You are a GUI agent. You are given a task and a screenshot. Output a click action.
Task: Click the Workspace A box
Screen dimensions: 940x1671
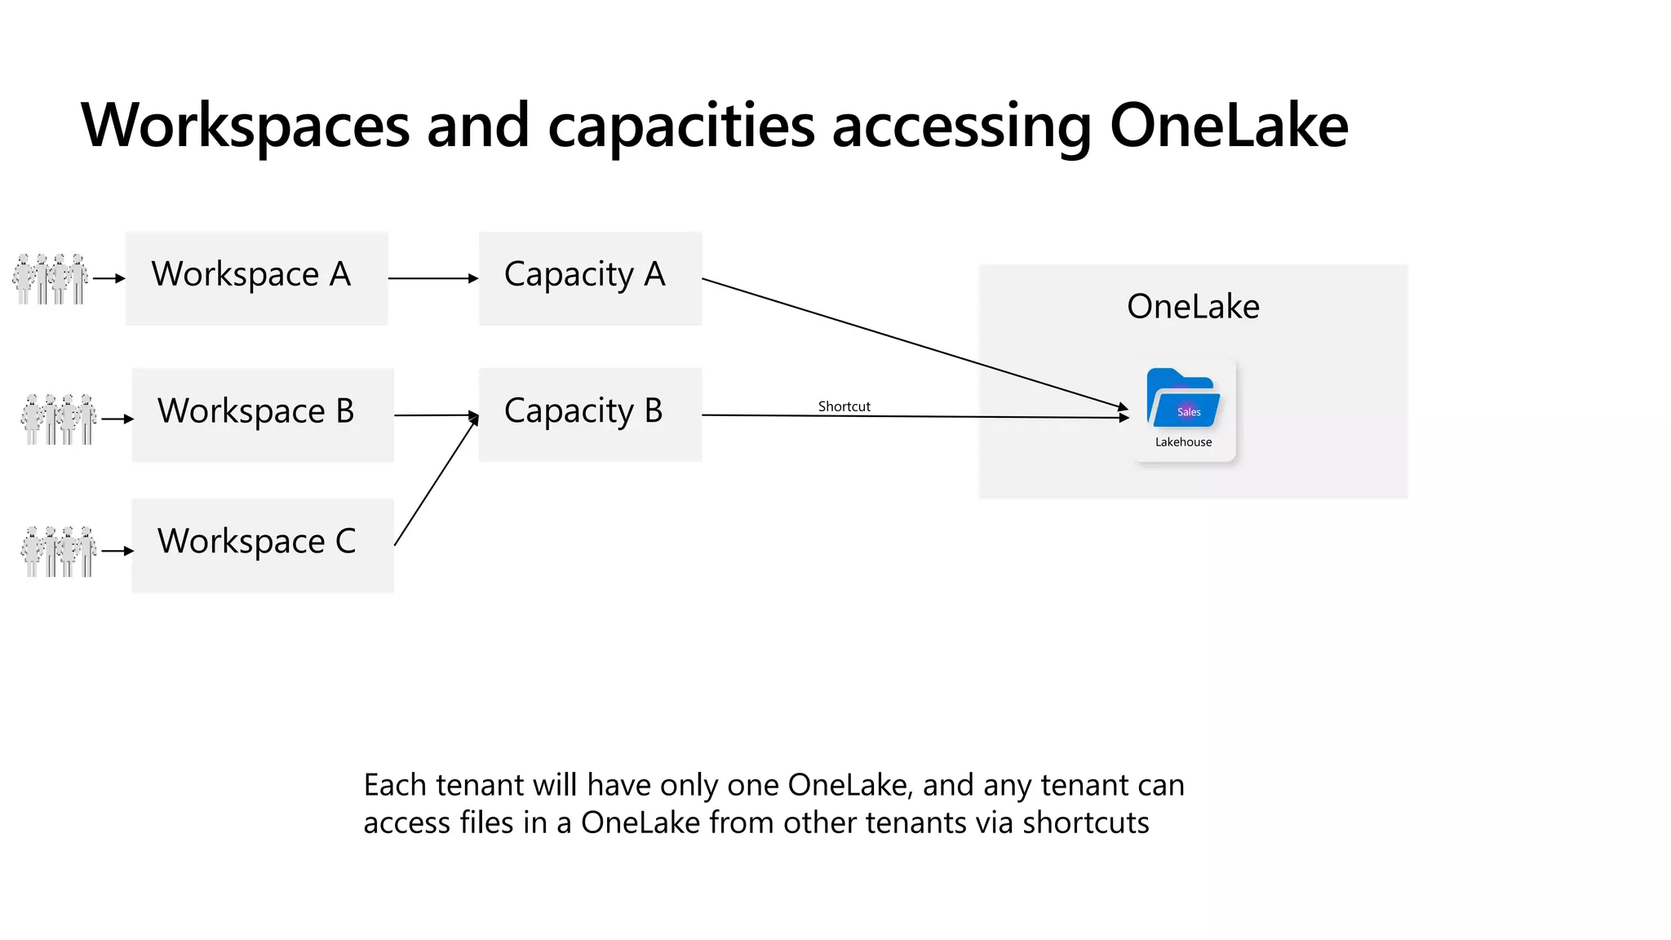pyautogui.click(x=256, y=278)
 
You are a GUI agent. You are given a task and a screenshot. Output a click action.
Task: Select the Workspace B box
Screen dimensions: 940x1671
pyautogui.click(x=263, y=415)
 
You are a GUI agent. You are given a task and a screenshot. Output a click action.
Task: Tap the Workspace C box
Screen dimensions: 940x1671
pyautogui.click(x=263, y=545)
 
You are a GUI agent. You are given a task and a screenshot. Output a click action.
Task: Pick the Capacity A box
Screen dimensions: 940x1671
pyautogui.click(x=590, y=278)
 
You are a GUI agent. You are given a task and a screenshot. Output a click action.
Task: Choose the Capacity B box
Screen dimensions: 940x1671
pyautogui.click(x=590, y=415)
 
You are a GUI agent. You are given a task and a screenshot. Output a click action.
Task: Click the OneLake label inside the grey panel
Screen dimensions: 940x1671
pyautogui.click(x=1193, y=307)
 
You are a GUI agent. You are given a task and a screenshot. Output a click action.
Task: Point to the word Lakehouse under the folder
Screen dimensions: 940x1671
pyautogui.click(x=1183, y=442)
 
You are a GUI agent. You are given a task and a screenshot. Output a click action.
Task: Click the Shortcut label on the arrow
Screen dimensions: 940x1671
pyautogui.click(x=844, y=406)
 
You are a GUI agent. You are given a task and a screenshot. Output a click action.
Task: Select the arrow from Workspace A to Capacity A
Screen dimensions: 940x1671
pyautogui.click(x=432, y=278)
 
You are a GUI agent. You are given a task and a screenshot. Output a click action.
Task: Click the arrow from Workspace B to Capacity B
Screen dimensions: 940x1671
pyautogui.click(x=436, y=415)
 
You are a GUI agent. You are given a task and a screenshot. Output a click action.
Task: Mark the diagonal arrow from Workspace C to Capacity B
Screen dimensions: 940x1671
pyautogui.click(x=435, y=481)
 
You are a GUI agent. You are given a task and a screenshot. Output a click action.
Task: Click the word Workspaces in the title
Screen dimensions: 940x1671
pyautogui.click(x=245, y=126)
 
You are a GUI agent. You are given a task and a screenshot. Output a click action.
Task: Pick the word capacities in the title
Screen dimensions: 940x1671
pyautogui.click(x=681, y=126)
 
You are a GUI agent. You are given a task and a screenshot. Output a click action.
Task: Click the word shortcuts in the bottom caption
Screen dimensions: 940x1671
pyautogui.click(x=1085, y=822)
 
